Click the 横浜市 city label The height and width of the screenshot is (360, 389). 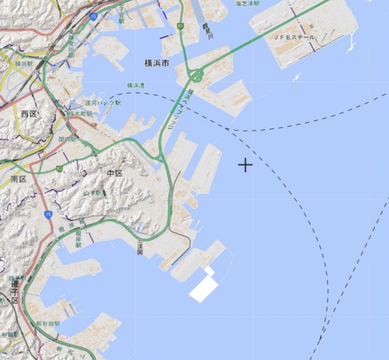tap(157, 63)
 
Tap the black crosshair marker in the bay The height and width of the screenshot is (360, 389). tap(245, 165)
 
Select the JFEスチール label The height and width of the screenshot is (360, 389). tap(294, 38)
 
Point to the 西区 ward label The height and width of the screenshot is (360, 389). tap(29, 114)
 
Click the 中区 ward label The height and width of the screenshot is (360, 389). tap(115, 174)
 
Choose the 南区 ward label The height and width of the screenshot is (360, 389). tap(18, 179)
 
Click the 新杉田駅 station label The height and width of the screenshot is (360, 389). tap(47, 324)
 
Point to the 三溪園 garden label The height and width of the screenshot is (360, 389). tap(140, 246)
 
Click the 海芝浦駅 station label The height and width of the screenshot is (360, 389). tap(247, 4)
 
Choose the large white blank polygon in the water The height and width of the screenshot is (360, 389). tap(204, 286)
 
